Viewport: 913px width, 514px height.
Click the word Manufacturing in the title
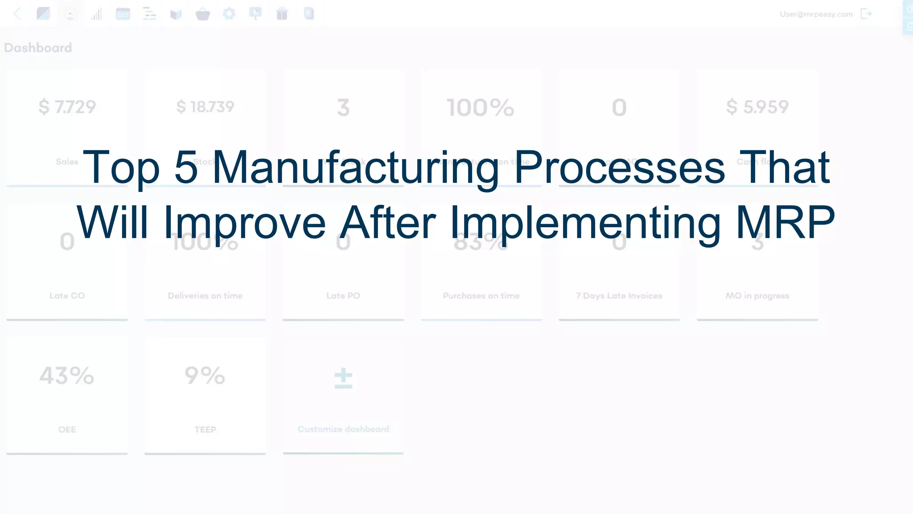point(355,167)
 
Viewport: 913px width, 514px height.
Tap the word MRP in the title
point(785,222)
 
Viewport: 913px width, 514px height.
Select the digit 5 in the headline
point(186,167)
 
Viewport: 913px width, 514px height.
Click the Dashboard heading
point(38,48)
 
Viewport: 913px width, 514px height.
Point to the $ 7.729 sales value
point(67,107)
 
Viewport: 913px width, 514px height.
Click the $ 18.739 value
point(205,107)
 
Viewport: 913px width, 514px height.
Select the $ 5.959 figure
point(757,107)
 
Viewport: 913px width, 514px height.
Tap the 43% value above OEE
point(67,376)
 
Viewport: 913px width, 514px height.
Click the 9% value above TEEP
point(205,376)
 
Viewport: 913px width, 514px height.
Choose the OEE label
point(67,430)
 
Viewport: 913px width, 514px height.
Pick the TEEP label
point(205,430)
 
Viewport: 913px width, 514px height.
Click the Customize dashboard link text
point(343,429)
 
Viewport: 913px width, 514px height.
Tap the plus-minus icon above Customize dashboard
point(343,378)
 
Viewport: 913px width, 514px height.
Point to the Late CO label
point(67,296)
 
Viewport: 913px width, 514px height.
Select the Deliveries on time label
point(205,296)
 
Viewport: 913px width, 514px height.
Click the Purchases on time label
point(481,296)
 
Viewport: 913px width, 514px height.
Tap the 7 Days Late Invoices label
point(619,296)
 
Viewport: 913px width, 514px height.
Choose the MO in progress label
point(757,296)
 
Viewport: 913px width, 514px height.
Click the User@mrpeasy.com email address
point(816,14)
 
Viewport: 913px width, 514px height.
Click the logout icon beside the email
point(866,14)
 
